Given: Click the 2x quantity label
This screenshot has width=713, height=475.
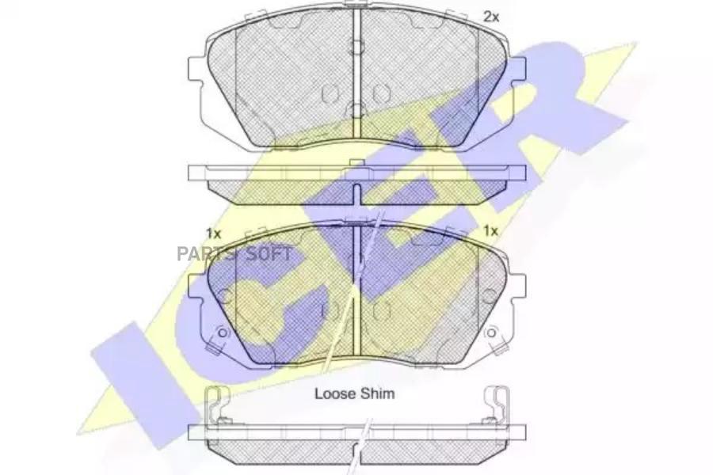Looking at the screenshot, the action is (491, 17).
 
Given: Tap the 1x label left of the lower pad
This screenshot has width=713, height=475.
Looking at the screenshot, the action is (214, 234).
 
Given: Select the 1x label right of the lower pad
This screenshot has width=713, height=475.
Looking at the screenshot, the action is (490, 231).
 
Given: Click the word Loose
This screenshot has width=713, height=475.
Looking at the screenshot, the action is (334, 393).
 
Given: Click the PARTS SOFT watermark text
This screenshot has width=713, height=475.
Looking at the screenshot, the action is (234, 254).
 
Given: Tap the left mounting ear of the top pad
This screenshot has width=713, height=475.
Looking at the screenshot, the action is (196, 74).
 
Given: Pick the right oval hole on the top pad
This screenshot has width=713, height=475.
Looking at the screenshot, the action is (382, 93).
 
